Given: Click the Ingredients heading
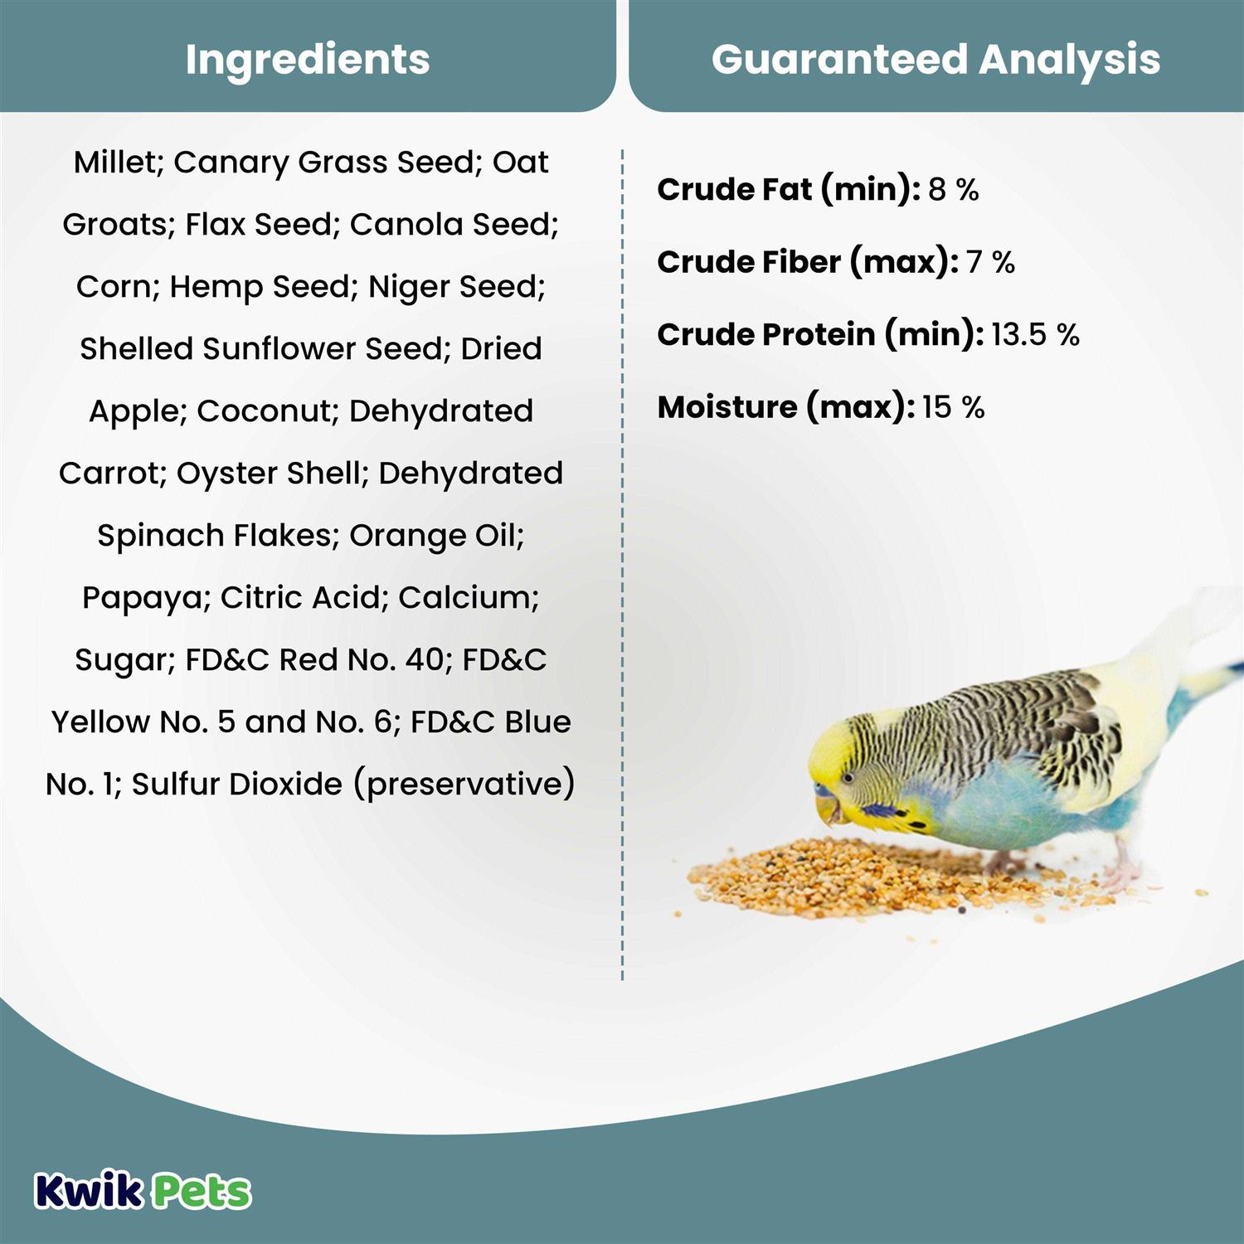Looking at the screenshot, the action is pyautogui.click(x=308, y=60).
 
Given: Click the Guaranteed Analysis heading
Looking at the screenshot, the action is pyautogui.click(x=935, y=60).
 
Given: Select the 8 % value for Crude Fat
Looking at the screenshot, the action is pyautogui.click(x=954, y=189).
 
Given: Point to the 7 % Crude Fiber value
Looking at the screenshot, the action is pyautogui.click(x=990, y=262).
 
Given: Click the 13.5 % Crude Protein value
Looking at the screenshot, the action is pyautogui.click(x=1035, y=335).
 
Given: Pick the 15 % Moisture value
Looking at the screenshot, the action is pyautogui.click(x=953, y=407).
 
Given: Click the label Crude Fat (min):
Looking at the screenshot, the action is pyautogui.click(x=789, y=190).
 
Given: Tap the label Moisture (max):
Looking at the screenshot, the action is pyautogui.click(x=786, y=408).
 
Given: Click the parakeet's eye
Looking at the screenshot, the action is pyautogui.click(x=848, y=778).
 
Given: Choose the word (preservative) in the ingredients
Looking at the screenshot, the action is pyautogui.click(x=464, y=785).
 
